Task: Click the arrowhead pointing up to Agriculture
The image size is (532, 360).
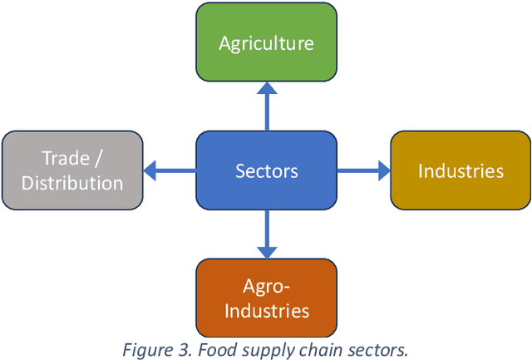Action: click(x=266, y=88)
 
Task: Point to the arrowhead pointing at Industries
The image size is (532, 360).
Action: click(x=383, y=170)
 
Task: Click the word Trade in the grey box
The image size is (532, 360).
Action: click(x=66, y=158)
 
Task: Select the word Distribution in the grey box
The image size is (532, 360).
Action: click(x=72, y=183)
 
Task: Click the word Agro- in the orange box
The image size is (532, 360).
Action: click(x=266, y=287)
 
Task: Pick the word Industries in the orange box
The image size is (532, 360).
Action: click(x=266, y=311)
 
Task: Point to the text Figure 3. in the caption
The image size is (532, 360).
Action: click(x=153, y=349)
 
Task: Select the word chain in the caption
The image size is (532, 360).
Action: click(x=303, y=349)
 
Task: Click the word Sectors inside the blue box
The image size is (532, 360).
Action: click(x=266, y=171)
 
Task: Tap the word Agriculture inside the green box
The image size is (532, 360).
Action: click(x=266, y=43)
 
